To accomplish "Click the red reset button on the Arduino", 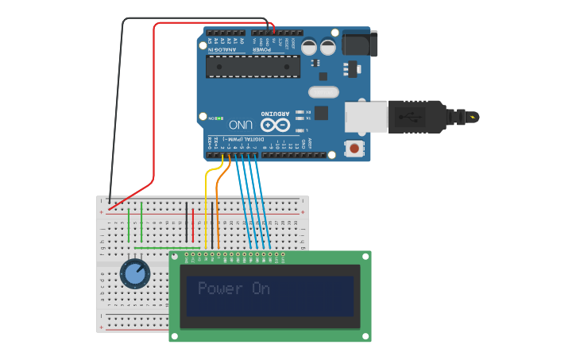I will [354, 148].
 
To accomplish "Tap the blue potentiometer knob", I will [134, 274].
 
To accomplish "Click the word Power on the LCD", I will [220, 288].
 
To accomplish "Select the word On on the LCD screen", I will [261, 288].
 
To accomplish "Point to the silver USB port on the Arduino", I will [365, 117].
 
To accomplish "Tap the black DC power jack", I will [359, 44].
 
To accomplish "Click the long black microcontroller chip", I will [253, 67].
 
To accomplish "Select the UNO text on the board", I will [241, 125].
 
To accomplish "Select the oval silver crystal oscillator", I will [323, 92].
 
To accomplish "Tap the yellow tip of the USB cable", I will [474, 118].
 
